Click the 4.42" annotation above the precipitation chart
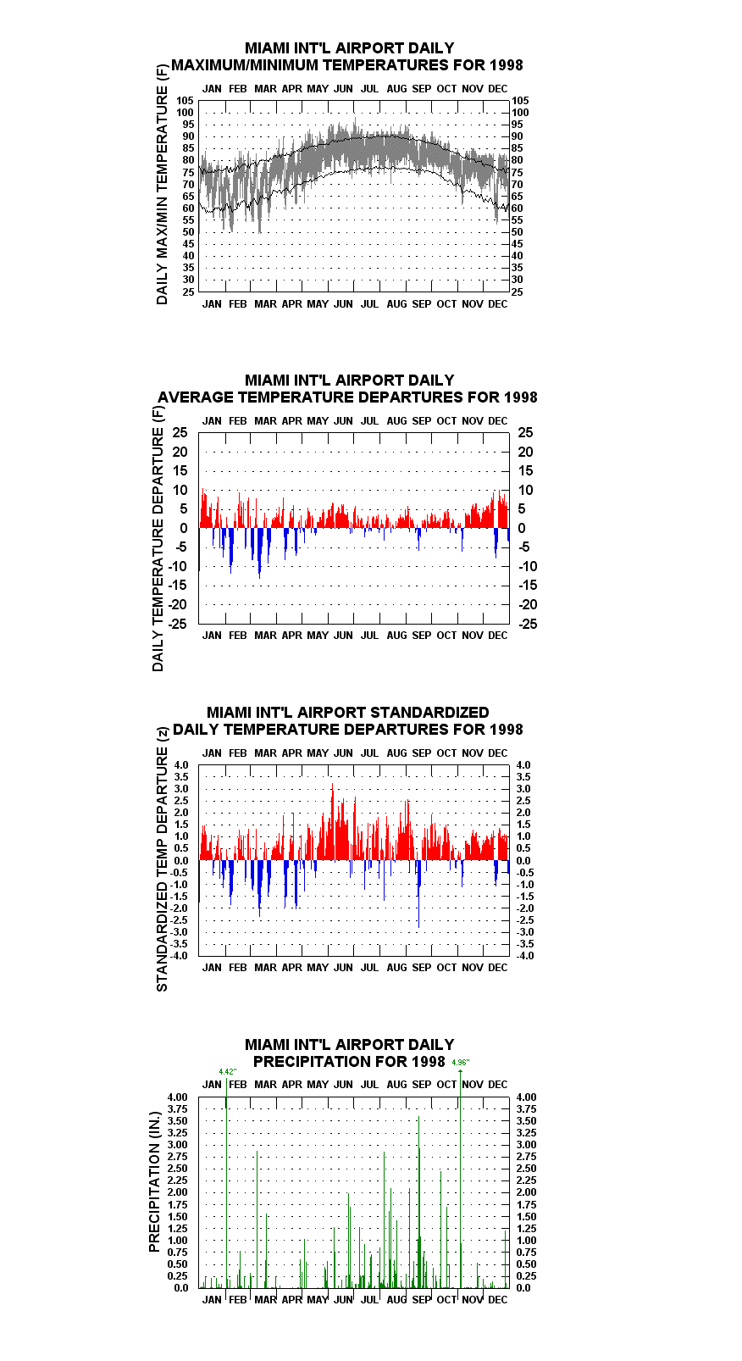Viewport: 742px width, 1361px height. (x=228, y=1071)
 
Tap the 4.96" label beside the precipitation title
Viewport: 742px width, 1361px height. (x=461, y=1062)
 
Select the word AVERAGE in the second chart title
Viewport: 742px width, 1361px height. (x=197, y=397)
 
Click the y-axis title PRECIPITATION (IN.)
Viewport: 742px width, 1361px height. (x=154, y=1181)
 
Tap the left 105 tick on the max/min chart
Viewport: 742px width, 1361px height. (x=185, y=101)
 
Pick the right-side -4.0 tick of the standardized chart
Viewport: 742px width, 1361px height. (x=525, y=956)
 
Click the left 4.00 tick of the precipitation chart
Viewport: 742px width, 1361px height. (x=177, y=1097)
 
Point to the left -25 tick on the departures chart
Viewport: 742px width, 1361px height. (x=178, y=624)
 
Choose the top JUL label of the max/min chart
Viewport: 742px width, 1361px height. (x=370, y=89)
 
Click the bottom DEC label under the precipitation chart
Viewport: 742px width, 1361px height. (x=498, y=1300)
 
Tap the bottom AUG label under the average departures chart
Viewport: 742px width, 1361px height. (x=396, y=636)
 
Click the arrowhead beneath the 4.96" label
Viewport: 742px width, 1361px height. (x=460, y=1071)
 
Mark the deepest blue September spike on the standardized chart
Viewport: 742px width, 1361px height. (x=418, y=894)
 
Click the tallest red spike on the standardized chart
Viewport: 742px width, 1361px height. (x=332, y=821)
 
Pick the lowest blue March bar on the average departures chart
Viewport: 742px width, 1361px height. (x=260, y=553)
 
